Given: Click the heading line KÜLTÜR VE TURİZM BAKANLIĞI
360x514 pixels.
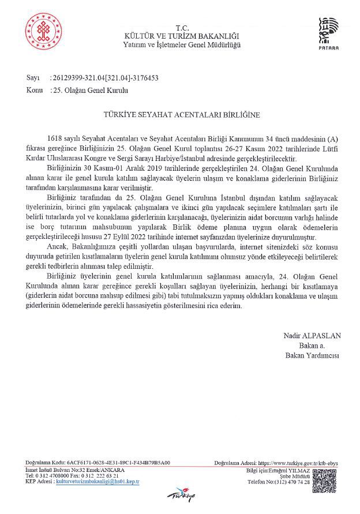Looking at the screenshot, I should point(182,36).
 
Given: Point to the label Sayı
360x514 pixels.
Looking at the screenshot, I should point(32,77).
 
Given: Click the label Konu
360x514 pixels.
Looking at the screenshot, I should point(34,90).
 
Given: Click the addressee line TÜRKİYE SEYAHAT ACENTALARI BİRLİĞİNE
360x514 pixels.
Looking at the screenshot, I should point(182,115).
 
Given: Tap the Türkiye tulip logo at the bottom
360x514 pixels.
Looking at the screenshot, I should point(180,494).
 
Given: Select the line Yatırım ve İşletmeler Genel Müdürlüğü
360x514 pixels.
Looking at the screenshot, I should point(182,44).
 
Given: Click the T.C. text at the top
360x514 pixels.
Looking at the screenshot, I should point(182,28).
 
